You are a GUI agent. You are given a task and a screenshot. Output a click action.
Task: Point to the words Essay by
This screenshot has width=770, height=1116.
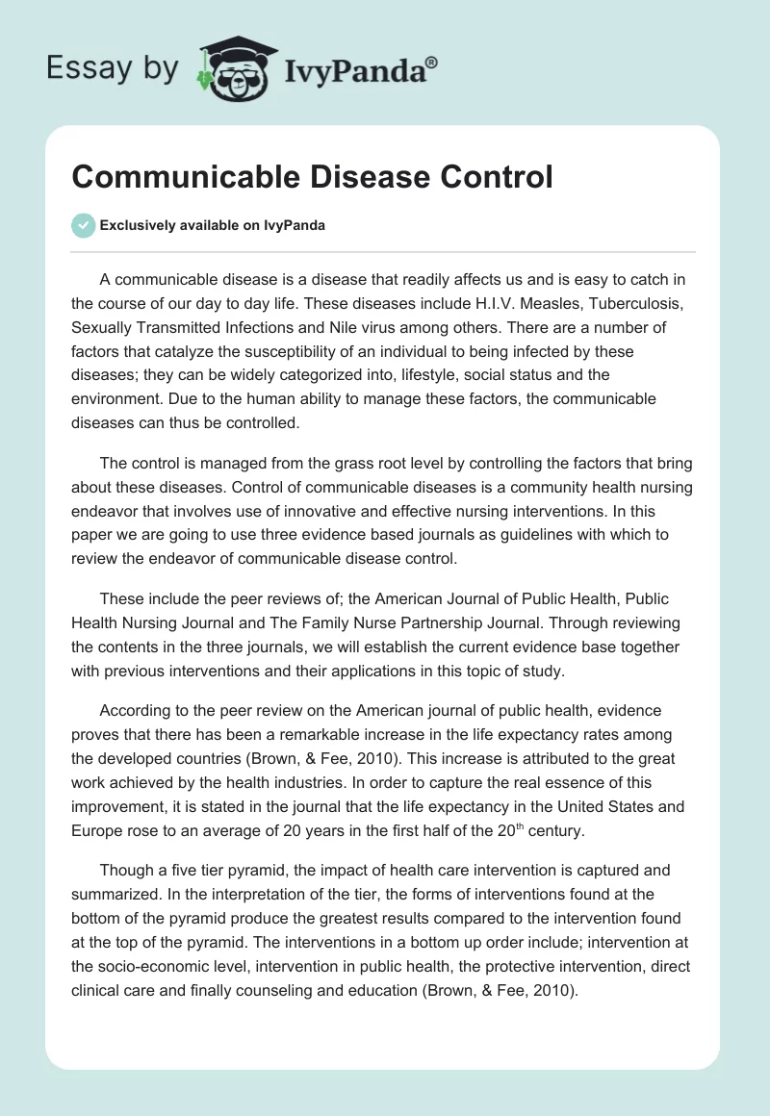coord(114,67)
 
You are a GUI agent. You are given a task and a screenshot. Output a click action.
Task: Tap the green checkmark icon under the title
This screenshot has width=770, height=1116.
coord(83,225)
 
